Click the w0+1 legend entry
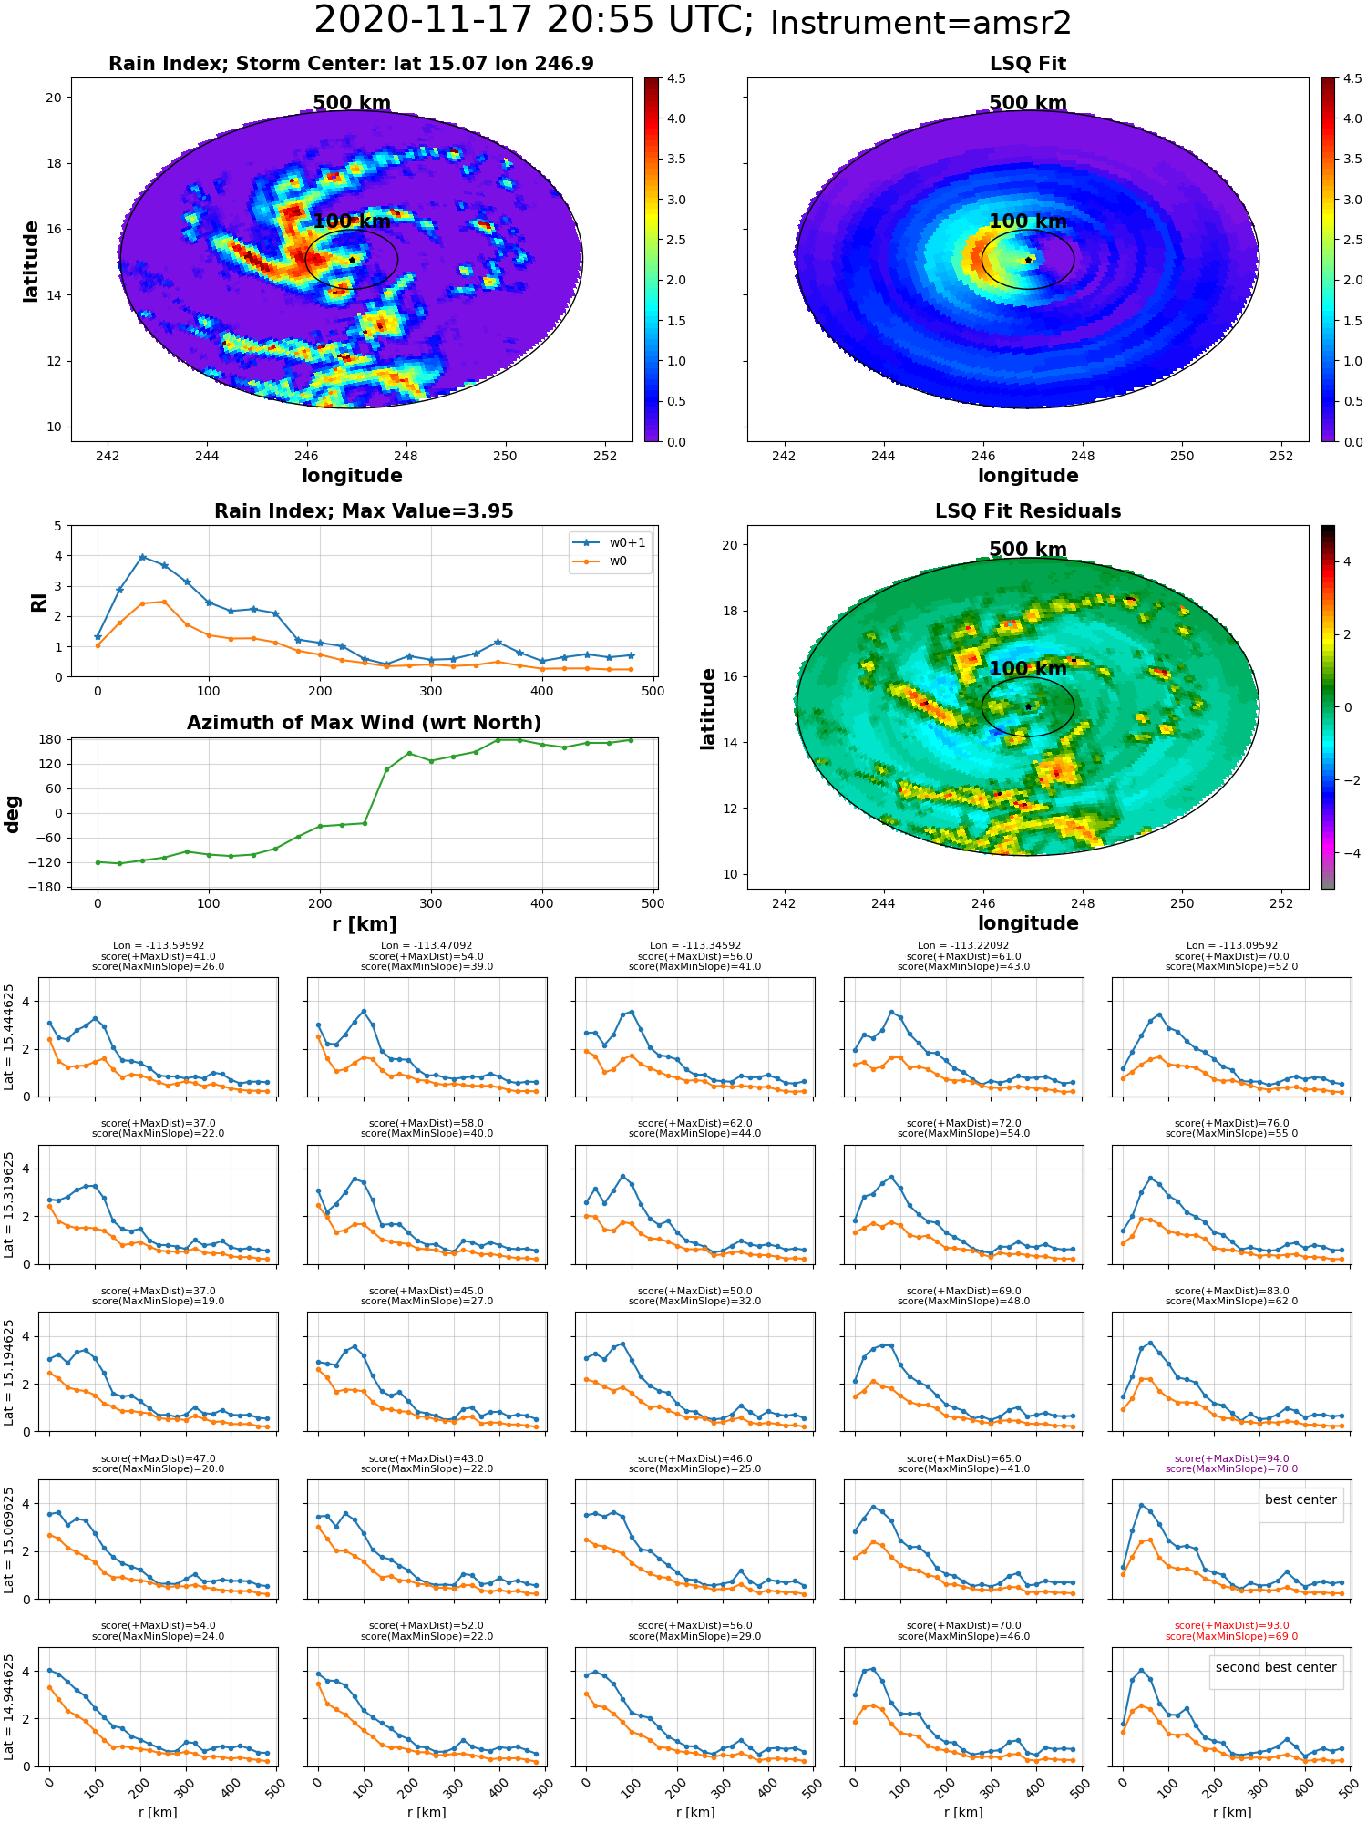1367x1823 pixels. [610, 542]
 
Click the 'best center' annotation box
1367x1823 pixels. [1300, 1499]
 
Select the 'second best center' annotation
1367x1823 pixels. [1276, 1667]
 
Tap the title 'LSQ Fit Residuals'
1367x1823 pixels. [1028, 511]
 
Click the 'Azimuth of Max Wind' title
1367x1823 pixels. [364, 723]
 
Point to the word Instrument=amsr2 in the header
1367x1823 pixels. [920, 24]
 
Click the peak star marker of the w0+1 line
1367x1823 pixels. [142, 557]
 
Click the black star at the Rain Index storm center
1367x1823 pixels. [352, 260]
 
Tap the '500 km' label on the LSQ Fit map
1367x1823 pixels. [1028, 103]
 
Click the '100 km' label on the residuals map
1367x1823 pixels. [1028, 669]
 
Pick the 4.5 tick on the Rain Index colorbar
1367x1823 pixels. [676, 78]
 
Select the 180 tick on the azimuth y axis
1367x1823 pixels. [51, 739]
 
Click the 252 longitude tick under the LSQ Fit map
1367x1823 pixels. [1281, 456]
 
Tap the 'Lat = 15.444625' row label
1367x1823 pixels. [9, 1037]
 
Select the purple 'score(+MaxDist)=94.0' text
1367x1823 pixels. [1232, 1459]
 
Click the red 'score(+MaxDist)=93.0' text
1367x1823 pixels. [1232, 1626]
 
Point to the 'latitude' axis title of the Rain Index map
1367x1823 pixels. [31, 262]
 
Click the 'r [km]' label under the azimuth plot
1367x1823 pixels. [364, 924]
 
